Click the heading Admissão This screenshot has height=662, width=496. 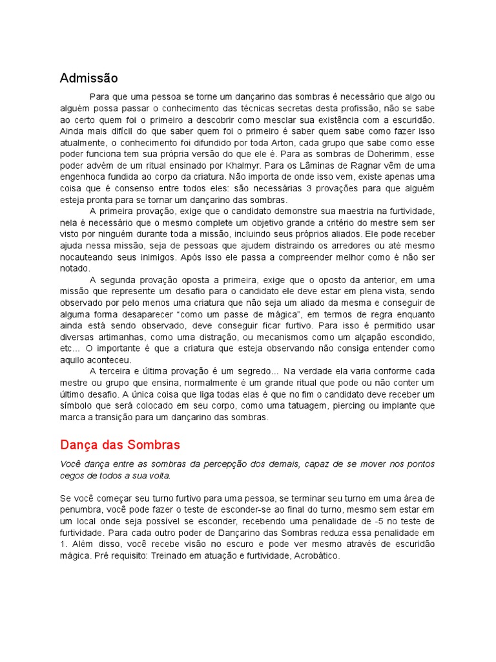89,78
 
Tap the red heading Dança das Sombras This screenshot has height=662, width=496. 119,445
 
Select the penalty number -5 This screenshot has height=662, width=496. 379,521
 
